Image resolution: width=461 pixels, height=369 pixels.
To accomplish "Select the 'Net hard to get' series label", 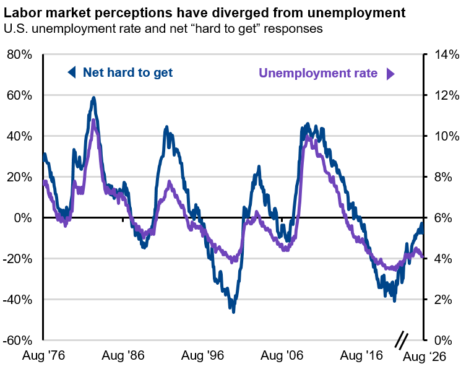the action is [127, 72].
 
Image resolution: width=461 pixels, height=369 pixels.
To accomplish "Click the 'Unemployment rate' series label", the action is [318, 73].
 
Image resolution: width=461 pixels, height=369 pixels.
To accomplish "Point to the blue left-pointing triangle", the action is [71, 72].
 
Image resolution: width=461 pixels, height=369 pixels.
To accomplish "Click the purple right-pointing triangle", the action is [390, 74].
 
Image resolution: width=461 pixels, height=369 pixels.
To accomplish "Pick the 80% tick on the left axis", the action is [19, 54].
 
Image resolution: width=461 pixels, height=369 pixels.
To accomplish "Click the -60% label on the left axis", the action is [17, 341].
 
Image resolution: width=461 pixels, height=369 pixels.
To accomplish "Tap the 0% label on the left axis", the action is [23, 218].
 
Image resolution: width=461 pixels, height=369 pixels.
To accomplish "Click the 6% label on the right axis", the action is [443, 218].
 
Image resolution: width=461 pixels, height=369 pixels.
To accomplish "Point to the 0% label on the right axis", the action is [443, 341].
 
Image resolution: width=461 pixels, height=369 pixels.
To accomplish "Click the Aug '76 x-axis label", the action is [43, 355].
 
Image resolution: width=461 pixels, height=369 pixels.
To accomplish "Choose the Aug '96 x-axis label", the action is [202, 355].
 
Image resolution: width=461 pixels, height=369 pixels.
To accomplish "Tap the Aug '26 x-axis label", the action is [424, 357].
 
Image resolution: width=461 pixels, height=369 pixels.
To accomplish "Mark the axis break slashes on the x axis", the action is [402, 341].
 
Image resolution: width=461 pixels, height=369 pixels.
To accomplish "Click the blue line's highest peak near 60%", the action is [94, 97].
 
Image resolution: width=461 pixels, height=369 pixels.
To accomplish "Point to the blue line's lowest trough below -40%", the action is [234, 312].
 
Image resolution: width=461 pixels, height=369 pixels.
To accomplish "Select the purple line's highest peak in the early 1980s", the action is [93, 120].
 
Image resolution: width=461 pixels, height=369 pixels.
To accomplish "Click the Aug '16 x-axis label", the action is [361, 355].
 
